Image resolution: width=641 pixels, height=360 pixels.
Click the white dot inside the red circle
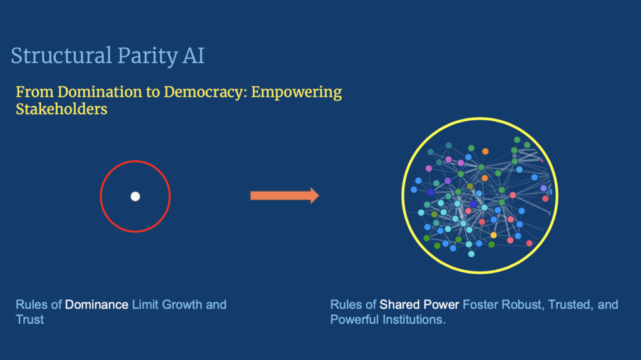pos(135,197)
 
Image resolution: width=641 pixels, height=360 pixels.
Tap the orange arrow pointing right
pos(285,195)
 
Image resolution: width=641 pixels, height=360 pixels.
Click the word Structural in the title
pos(61,56)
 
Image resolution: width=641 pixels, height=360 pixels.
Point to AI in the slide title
pos(193,56)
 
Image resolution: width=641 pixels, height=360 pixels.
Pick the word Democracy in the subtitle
pos(205,93)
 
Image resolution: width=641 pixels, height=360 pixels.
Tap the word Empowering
pos(296,93)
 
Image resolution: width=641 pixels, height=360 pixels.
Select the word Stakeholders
pos(61,109)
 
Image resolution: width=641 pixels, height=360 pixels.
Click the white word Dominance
pos(96,305)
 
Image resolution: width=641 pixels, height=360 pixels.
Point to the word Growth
pos(182,305)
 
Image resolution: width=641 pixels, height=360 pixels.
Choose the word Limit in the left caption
pos(145,305)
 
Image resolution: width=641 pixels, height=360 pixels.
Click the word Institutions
pos(414,319)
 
